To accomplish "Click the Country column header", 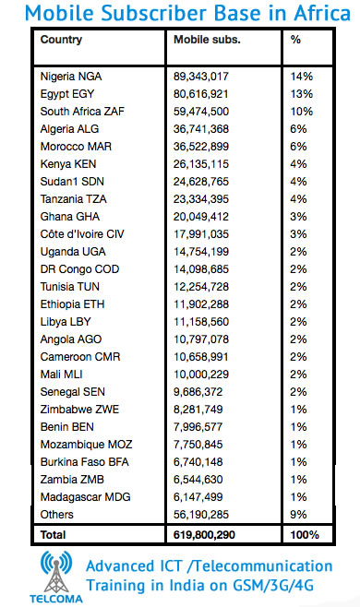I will (62, 40).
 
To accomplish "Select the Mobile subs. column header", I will (208, 40).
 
